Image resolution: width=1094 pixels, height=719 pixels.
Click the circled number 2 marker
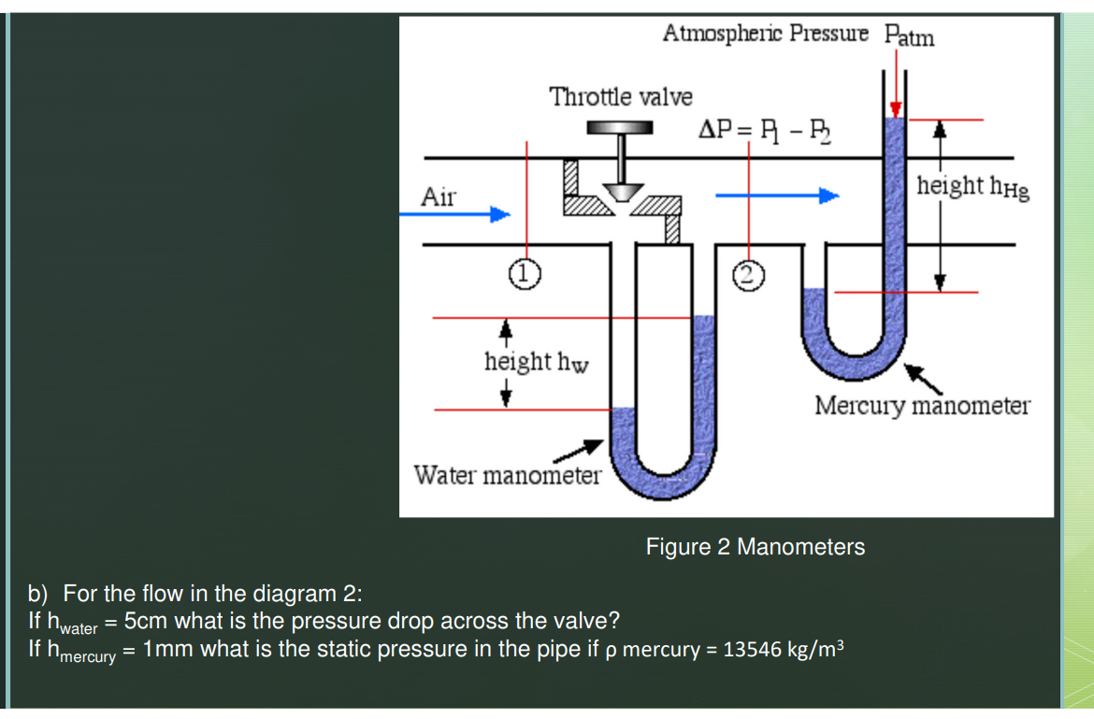[x=748, y=273]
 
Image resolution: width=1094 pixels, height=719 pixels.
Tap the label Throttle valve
[x=621, y=96]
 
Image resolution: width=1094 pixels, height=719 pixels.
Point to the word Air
[x=439, y=196]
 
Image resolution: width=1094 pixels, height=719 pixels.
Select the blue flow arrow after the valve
[x=777, y=195]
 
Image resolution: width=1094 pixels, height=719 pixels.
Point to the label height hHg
[x=972, y=187]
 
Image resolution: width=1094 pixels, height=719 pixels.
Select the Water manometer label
[x=507, y=475]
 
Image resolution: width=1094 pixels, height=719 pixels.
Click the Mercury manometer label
[x=922, y=406]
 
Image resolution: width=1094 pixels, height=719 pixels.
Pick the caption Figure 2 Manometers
[x=755, y=547]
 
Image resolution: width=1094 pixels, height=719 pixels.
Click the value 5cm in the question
[x=148, y=621]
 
